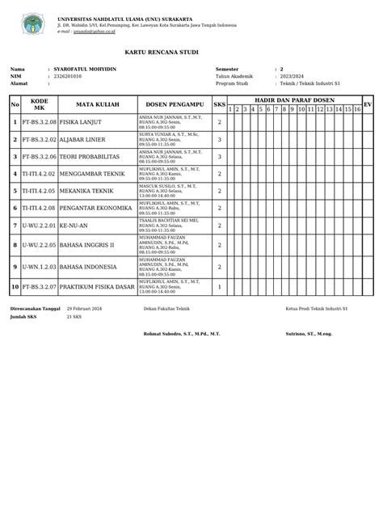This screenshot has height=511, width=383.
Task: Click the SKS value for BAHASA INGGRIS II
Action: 220,244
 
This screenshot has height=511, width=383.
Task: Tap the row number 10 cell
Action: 15,286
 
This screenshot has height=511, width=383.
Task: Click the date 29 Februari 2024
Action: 85,309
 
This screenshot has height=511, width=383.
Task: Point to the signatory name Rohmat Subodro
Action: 170,333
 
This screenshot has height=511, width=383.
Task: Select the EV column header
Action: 368,105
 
